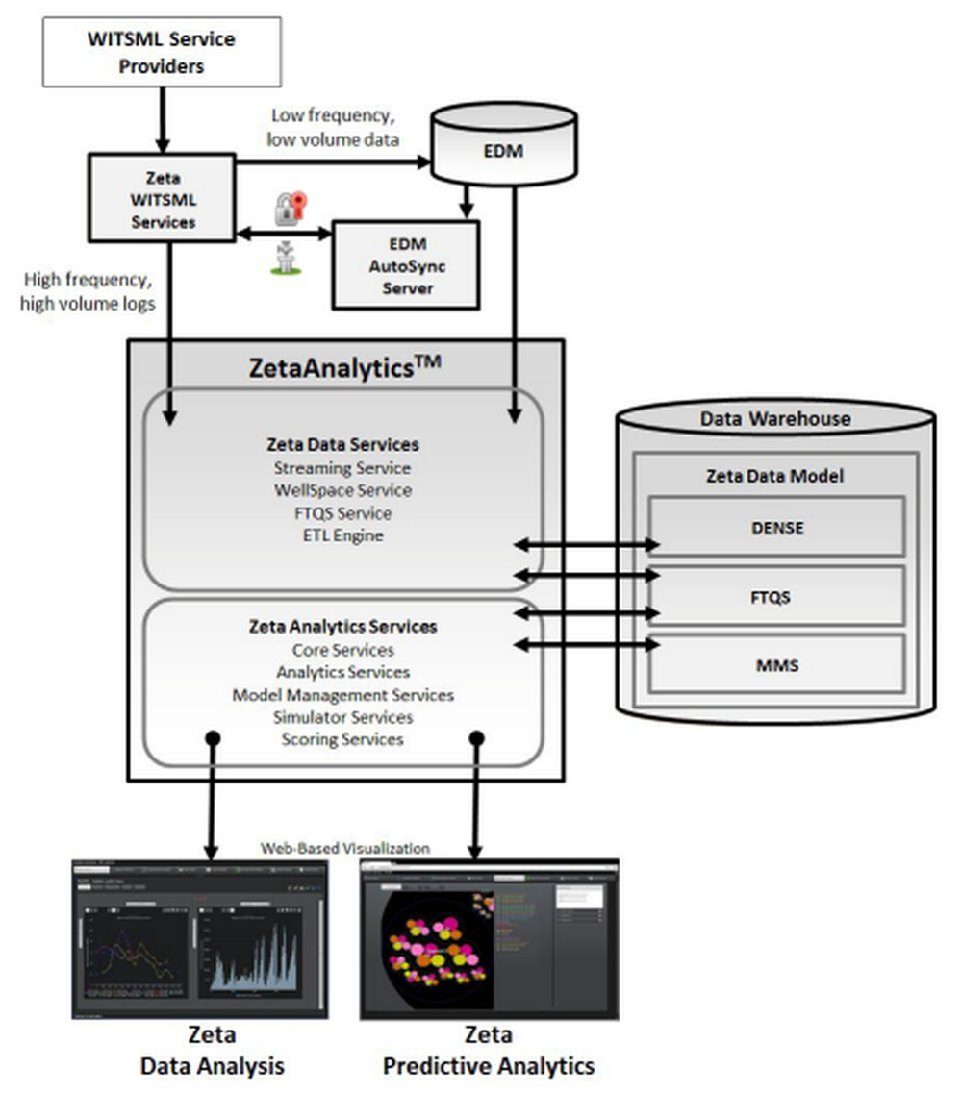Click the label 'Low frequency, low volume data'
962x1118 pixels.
(335, 127)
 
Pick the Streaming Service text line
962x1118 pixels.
(342, 468)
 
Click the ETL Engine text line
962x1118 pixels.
(342, 535)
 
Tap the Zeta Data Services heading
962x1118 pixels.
(342, 445)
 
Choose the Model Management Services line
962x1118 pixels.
(342, 694)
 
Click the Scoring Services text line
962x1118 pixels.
(342, 739)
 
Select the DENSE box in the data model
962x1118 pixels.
(776, 527)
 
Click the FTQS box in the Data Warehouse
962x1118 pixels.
(776, 596)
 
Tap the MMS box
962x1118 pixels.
(776, 663)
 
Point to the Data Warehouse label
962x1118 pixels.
(775, 418)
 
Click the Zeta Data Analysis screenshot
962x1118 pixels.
(200, 939)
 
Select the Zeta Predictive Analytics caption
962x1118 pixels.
(489, 1051)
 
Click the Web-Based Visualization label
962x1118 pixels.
(345, 848)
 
